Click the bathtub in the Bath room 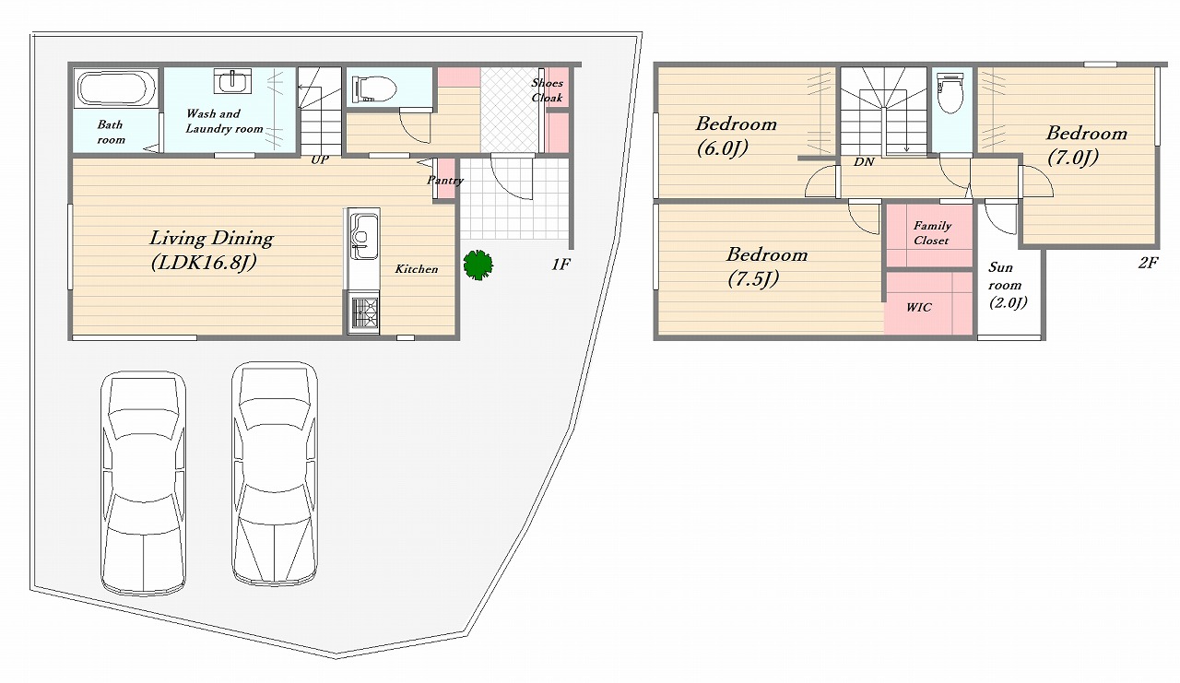[117, 89]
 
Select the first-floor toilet [374, 88]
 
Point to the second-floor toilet [950, 94]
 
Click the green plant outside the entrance [478, 265]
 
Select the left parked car [143, 483]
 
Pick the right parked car [275, 474]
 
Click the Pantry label [445, 180]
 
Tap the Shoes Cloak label [547, 90]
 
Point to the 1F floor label [560, 265]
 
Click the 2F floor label [1148, 263]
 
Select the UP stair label [320, 159]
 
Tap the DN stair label [864, 161]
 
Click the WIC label [919, 307]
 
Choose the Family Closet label [932, 233]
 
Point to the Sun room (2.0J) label [1008, 285]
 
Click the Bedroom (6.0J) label [736, 135]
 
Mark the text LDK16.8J [204, 263]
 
